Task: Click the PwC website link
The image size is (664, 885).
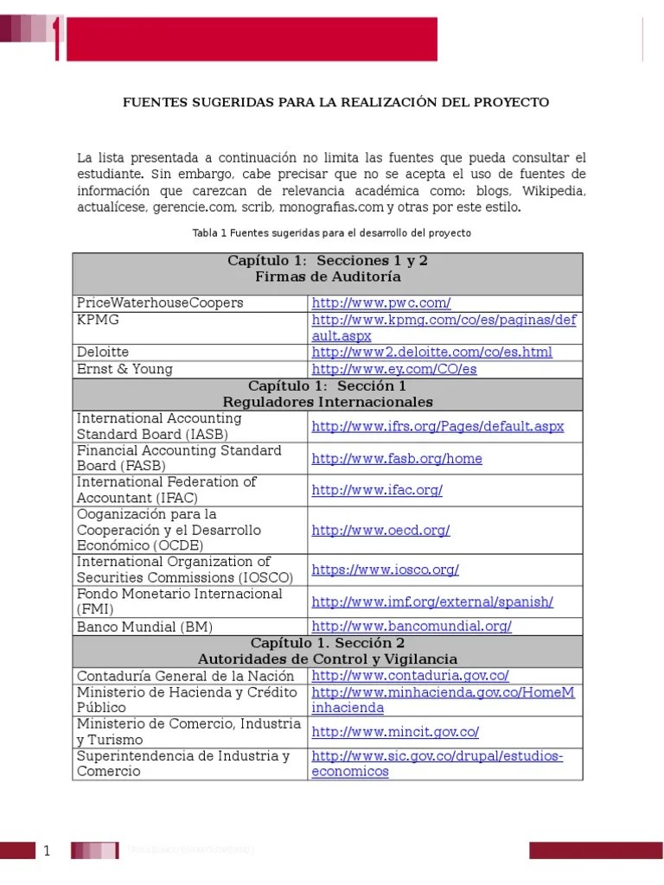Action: click(x=381, y=302)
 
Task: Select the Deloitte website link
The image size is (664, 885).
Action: click(x=431, y=352)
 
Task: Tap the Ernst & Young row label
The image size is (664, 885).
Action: click(x=124, y=369)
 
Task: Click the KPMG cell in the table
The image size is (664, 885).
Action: click(x=98, y=320)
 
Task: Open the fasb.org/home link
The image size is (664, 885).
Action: click(x=397, y=458)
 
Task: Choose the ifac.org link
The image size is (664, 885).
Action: click(x=377, y=490)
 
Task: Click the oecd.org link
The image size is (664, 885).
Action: click(x=380, y=530)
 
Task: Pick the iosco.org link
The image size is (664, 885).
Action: click(x=385, y=570)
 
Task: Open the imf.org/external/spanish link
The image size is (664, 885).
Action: click(x=432, y=602)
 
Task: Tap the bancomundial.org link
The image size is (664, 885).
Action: click(x=412, y=626)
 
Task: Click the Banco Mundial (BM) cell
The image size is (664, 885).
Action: click(x=144, y=627)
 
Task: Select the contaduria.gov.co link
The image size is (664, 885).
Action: click(x=410, y=676)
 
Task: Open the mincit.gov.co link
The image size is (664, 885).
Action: click(x=395, y=731)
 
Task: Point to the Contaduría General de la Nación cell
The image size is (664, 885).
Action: click(x=185, y=676)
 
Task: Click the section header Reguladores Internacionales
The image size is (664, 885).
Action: click(x=328, y=402)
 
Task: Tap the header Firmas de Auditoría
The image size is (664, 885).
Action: click(x=328, y=277)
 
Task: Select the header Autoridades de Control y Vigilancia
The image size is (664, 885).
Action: click(x=328, y=659)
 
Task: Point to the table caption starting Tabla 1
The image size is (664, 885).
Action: click(x=332, y=233)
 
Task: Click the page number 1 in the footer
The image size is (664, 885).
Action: click(x=48, y=851)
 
